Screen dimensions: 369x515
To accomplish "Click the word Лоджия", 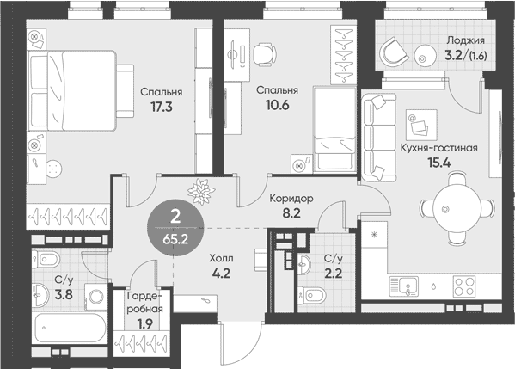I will tap(465, 41).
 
